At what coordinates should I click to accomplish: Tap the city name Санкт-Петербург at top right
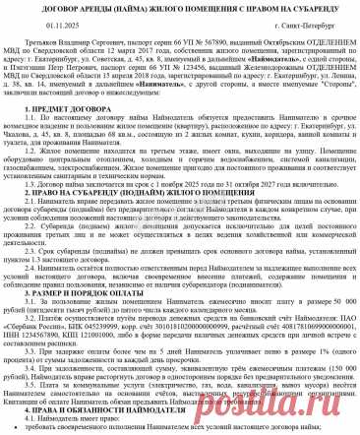pyautogui.click(x=321, y=30)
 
